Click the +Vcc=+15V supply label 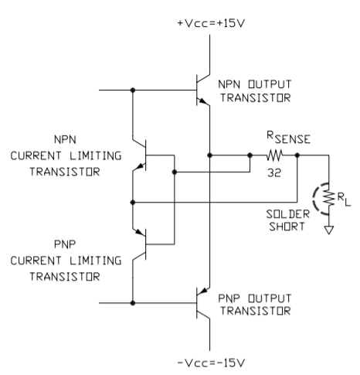click(211, 23)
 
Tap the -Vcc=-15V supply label click(211, 363)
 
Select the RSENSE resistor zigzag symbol click(274, 155)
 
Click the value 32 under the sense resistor click(274, 172)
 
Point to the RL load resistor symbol click(329, 198)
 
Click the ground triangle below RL click(329, 230)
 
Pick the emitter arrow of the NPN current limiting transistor click(140, 166)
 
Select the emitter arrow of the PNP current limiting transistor click(139, 232)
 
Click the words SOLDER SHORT click(287, 220)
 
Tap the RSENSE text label click(288, 138)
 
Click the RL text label click(344, 199)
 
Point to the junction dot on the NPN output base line click(133, 90)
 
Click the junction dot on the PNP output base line click(133, 303)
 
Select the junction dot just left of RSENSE click(250, 155)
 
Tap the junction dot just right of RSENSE click(297, 155)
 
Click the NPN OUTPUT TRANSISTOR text click(255, 91)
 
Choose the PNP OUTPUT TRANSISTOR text click(255, 305)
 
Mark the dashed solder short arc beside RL click(313, 199)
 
